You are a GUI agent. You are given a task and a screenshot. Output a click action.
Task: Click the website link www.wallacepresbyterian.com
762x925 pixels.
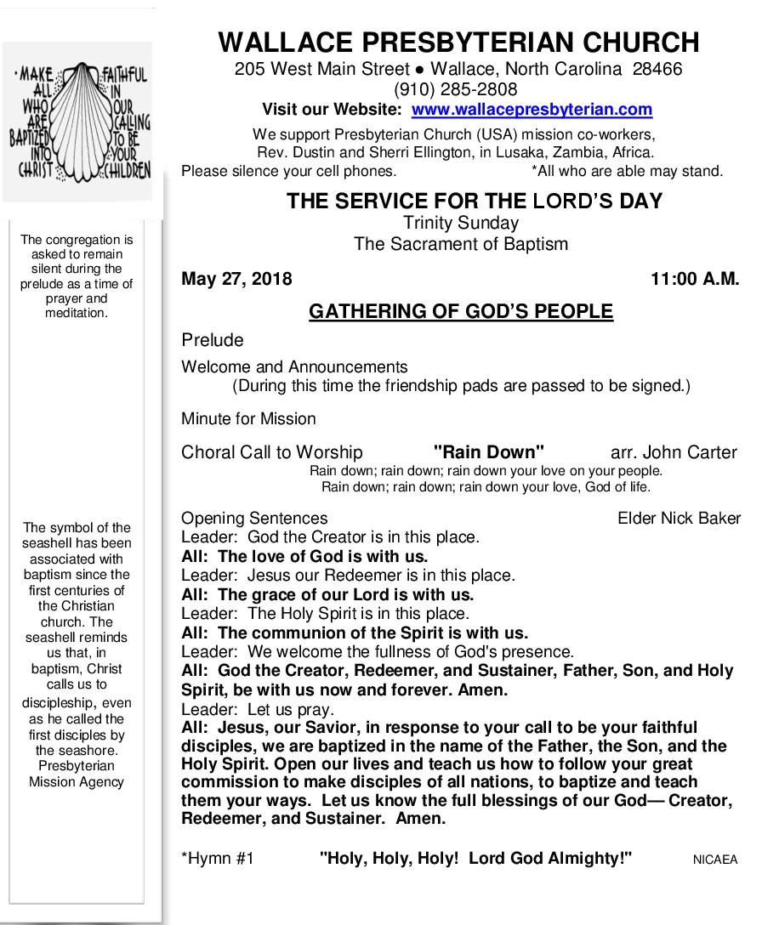[x=532, y=110]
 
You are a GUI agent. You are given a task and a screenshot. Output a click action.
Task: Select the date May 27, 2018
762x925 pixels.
[x=236, y=279]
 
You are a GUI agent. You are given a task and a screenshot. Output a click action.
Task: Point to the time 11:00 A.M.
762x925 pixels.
[x=695, y=279]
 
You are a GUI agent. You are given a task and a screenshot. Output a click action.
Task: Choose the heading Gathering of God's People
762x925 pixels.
[x=460, y=312]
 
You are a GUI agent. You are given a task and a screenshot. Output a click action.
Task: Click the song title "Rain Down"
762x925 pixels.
[x=488, y=452]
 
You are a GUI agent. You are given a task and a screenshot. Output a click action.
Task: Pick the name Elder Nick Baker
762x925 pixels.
[x=679, y=518]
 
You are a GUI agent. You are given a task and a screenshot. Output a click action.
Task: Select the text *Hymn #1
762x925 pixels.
[x=218, y=859]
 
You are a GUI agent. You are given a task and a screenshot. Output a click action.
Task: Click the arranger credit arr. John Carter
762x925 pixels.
[x=674, y=452]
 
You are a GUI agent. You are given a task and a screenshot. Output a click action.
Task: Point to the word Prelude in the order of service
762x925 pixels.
[x=213, y=340]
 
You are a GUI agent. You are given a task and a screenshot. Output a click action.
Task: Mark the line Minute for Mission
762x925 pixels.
[x=248, y=418]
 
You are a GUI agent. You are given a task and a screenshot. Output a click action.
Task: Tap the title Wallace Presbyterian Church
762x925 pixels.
[x=458, y=42]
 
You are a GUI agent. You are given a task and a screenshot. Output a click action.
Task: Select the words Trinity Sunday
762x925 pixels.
[x=460, y=224]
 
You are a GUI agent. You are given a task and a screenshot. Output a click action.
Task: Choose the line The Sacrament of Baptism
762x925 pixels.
[x=460, y=244]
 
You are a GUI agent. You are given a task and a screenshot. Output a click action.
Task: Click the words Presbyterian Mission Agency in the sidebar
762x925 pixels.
[x=77, y=774]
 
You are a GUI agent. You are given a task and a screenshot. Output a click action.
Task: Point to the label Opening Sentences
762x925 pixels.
[x=254, y=518]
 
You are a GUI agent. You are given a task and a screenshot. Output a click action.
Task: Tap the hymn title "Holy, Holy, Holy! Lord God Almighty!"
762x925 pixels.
[x=475, y=859]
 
